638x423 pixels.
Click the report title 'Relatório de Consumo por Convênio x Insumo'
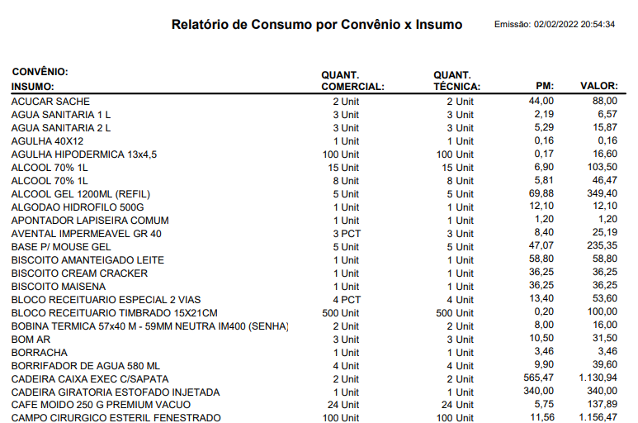click(317, 25)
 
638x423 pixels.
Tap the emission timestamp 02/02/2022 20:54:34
click(574, 25)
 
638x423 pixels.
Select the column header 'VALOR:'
click(599, 86)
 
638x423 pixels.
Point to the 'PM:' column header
click(545, 86)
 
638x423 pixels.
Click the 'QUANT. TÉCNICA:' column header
click(457, 81)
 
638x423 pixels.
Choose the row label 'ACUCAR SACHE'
click(50, 102)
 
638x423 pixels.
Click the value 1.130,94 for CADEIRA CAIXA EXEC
click(598, 378)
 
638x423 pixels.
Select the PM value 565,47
click(539, 378)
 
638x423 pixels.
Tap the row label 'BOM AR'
click(31, 340)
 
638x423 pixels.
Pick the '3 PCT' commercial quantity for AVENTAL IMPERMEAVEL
click(347, 234)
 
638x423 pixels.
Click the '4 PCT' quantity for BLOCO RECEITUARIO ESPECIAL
click(347, 300)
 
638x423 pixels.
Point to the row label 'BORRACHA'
click(40, 353)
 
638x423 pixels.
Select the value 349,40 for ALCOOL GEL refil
click(603, 193)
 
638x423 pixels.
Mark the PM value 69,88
click(541, 193)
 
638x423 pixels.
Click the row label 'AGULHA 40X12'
click(47, 141)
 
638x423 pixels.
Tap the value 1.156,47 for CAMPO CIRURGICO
click(598, 417)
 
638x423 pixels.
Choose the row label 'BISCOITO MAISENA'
click(59, 287)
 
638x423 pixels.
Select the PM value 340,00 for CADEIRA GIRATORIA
click(539, 391)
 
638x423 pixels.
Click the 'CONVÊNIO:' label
click(40, 72)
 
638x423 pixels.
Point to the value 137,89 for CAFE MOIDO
click(603, 404)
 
